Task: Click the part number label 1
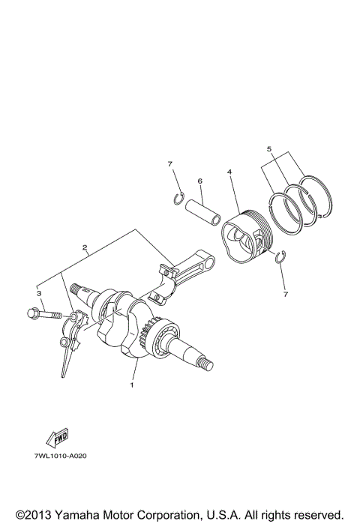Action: pyautogui.click(x=132, y=385)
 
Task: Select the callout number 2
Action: pyautogui.click(x=85, y=247)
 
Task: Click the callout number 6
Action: pyautogui.click(x=200, y=181)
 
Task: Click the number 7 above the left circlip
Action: pyautogui.click(x=170, y=163)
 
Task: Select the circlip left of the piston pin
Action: pyautogui.click(x=178, y=198)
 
